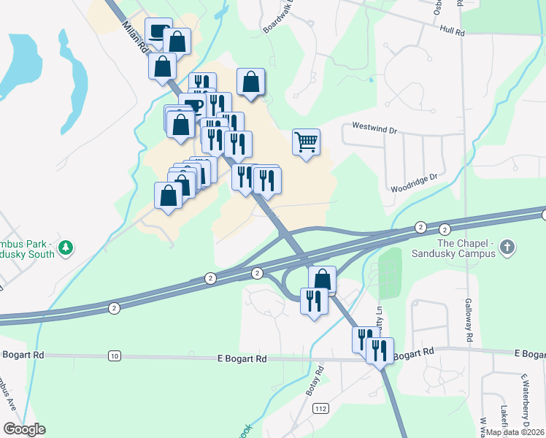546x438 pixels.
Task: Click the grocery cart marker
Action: (x=307, y=142)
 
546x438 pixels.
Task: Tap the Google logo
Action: (x=24, y=429)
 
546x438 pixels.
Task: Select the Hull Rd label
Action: (x=453, y=31)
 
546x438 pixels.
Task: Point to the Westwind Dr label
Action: (x=374, y=127)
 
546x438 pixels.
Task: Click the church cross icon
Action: (x=508, y=248)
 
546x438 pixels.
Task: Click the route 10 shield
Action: (x=114, y=356)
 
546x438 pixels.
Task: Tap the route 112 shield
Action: (x=320, y=409)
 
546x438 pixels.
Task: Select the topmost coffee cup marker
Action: (x=159, y=31)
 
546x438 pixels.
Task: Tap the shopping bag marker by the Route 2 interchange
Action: (x=322, y=279)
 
